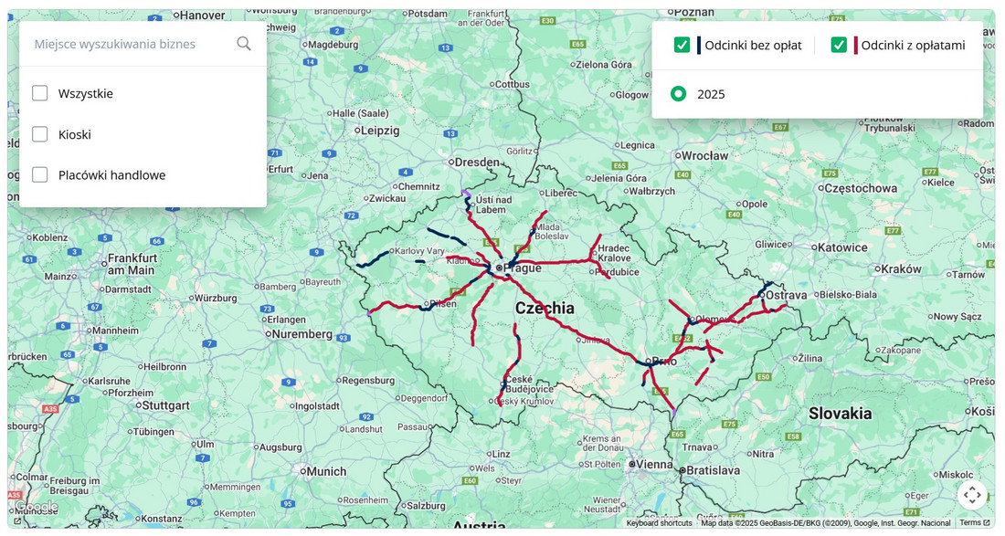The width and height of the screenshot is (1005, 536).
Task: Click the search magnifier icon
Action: tap(244, 44)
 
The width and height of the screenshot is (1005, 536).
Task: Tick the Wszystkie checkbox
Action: tap(40, 93)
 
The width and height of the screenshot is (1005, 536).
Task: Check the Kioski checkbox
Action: tap(40, 134)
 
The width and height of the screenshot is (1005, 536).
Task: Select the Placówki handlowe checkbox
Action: tap(40, 174)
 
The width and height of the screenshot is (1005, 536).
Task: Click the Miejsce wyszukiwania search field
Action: tap(128, 44)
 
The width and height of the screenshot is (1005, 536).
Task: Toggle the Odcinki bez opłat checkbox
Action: tap(682, 45)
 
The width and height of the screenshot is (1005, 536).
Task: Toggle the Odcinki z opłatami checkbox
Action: tap(839, 45)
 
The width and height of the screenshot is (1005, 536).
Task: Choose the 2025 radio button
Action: tap(678, 94)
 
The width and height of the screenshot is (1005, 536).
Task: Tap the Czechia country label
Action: tap(545, 309)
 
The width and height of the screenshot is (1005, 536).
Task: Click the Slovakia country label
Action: tap(840, 414)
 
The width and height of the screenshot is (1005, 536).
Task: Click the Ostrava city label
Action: tap(787, 295)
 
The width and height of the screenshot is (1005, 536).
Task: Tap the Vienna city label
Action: tap(654, 464)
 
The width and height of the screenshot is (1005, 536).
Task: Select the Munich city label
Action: tap(326, 471)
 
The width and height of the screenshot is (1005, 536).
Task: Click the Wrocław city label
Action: tap(704, 156)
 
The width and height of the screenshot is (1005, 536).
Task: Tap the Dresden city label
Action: tap(476, 163)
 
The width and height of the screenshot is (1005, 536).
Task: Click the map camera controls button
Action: tap(972, 495)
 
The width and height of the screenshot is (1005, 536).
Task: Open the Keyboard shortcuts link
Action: tap(659, 523)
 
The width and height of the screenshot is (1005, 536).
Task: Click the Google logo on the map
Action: tap(37, 507)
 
